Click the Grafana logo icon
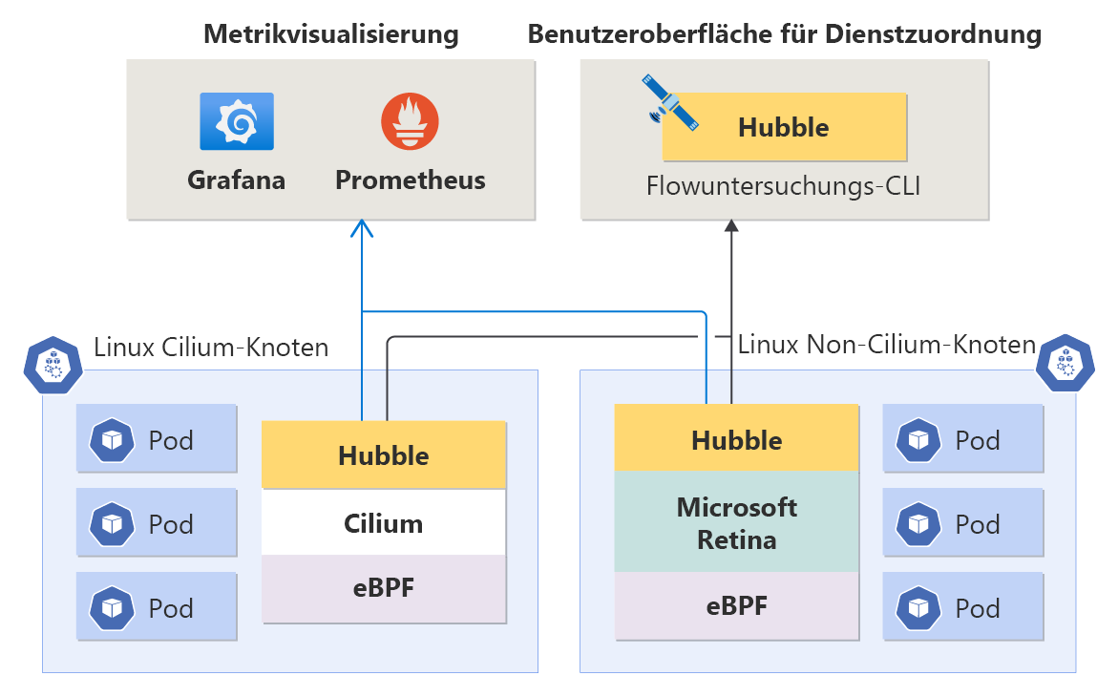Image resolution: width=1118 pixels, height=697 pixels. pyautogui.click(x=236, y=121)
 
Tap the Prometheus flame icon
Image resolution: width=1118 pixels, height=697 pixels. pyautogui.click(x=410, y=121)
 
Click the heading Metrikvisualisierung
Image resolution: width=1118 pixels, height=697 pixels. pyautogui.click(x=330, y=35)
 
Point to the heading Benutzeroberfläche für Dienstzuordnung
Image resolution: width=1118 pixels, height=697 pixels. pyautogui.click(x=784, y=35)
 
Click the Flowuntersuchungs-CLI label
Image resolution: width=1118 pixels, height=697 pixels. pyautogui.click(x=783, y=185)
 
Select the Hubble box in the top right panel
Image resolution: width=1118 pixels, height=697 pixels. pyautogui.click(x=784, y=127)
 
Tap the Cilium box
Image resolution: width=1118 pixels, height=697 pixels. pyautogui.click(x=384, y=523)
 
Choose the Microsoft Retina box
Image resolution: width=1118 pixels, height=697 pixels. pyautogui.click(x=736, y=522)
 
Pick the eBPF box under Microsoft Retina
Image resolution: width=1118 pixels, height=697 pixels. pyautogui.click(x=736, y=605)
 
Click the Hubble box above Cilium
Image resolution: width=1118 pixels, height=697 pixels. pyautogui.click(x=384, y=455)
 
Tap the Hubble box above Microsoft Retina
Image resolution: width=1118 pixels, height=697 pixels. pyautogui.click(x=736, y=439)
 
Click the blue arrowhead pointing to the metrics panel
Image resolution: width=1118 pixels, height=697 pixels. pyautogui.click(x=361, y=227)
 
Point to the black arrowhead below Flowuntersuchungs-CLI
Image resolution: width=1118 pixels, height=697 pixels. pyautogui.click(x=731, y=226)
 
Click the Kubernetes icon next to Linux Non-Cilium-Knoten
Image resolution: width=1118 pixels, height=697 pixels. pyautogui.click(x=1065, y=362)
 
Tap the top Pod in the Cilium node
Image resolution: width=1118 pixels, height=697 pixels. pyautogui.click(x=157, y=439)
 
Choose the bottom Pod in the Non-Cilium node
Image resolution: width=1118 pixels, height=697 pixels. pyautogui.click(x=963, y=607)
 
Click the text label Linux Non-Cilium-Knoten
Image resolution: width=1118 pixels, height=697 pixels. pyautogui.click(x=887, y=344)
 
